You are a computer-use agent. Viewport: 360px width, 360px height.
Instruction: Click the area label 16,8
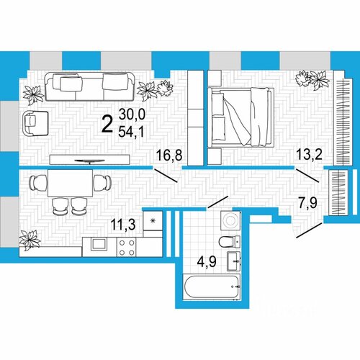click(x=169, y=155)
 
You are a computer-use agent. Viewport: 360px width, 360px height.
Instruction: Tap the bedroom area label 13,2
click(x=309, y=154)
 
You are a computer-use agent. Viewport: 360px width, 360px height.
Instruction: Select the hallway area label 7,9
click(x=307, y=203)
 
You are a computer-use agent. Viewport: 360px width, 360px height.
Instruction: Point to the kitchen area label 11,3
click(x=123, y=224)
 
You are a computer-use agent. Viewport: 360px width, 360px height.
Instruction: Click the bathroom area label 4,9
click(x=207, y=261)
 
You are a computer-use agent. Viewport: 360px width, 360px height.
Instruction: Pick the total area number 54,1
click(x=131, y=132)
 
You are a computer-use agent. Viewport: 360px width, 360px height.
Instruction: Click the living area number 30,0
click(x=132, y=114)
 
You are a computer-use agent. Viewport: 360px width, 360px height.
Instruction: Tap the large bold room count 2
click(x=107, y=123)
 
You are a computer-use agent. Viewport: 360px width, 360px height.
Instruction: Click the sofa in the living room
click(x=90, y=86)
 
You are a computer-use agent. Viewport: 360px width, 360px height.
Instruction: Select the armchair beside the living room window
click(x=35, y=123)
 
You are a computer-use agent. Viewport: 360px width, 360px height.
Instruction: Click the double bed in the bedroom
click(x=240, y=117)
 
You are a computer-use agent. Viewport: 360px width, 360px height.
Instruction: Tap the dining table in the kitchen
click(x=70, y=183)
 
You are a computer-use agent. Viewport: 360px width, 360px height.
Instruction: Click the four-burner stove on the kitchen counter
click(x=127, y=247)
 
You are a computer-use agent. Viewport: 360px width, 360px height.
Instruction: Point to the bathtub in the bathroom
click(x=212, y=287)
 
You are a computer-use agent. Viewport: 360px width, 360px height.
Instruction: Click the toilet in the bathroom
click(x=230, y=242)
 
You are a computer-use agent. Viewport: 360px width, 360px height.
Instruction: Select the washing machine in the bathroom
click(x=230, y=221)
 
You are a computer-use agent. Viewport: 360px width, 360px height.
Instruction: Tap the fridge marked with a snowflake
click(x=153, y=221)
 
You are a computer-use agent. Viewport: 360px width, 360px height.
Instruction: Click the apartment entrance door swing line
click(x=309, y=230)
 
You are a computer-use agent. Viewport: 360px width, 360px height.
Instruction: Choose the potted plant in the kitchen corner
click(x=30, y=240)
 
